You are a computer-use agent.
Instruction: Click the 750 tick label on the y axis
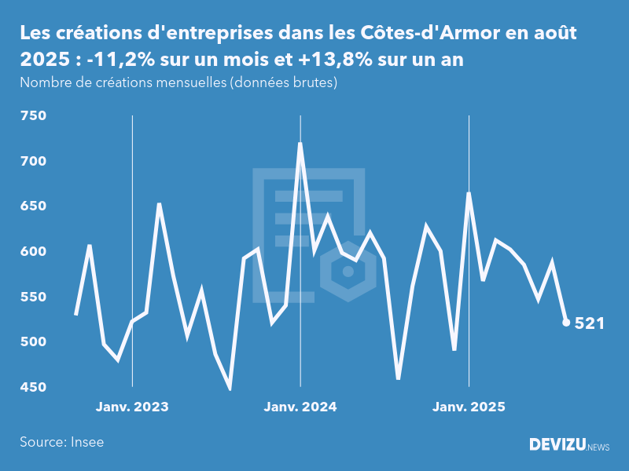pos(34,116)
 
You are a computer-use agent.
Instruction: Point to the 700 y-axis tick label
pos(34,162)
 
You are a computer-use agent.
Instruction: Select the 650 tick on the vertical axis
pos(34,206)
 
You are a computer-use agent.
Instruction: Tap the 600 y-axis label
pos(34,252)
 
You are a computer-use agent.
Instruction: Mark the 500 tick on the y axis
pos(34,342)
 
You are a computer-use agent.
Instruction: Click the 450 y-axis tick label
pos(34,388)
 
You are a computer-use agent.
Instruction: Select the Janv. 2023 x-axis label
pos(132,407)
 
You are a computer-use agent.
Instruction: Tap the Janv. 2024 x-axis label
pos(300,407)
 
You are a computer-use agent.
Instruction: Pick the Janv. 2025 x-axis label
pos(469,407)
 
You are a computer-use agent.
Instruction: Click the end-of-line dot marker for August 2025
pos(567,323)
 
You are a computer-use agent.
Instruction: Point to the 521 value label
pos(590,323)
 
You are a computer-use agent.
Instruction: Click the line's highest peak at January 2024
pos(300,144)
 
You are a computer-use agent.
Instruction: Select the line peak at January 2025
pos(469,193)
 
